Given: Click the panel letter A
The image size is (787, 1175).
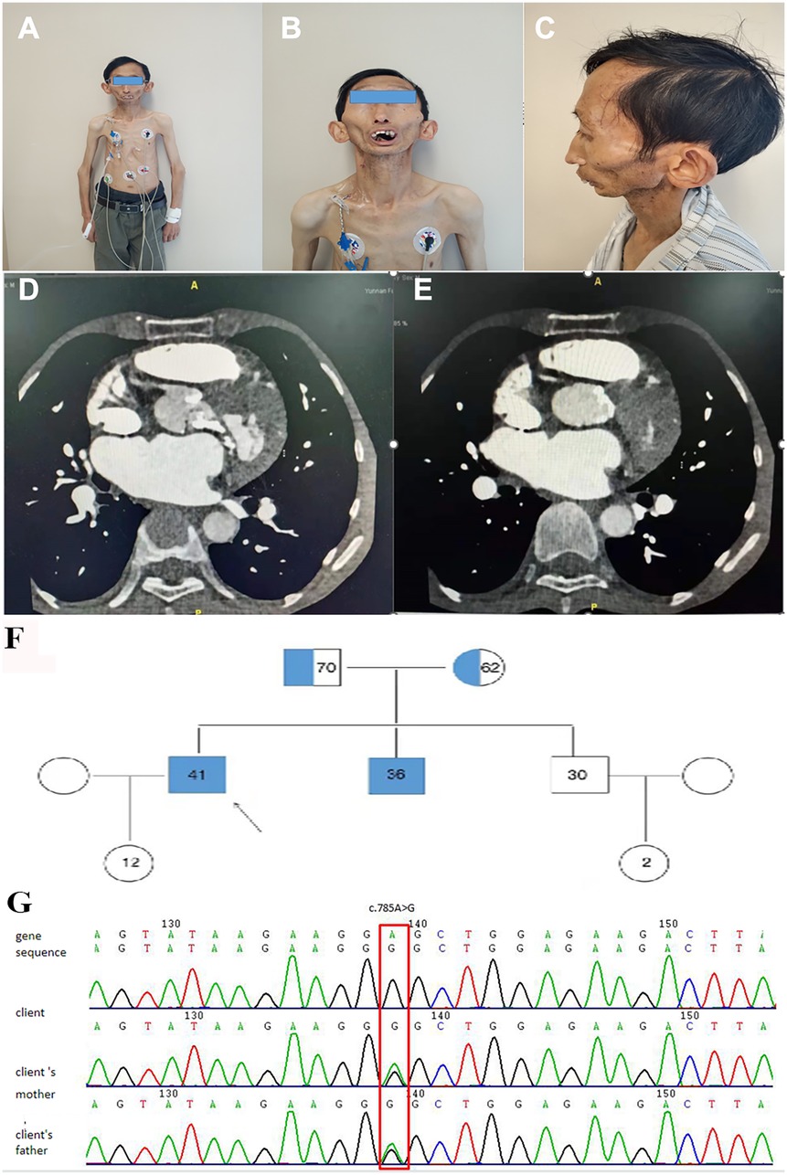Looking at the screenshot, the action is coord(29,30).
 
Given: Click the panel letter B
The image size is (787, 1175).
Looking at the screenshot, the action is coord(291,30).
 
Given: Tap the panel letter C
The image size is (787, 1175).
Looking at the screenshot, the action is coord(545,30).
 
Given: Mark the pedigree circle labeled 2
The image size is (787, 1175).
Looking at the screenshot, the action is coord(647,861).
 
